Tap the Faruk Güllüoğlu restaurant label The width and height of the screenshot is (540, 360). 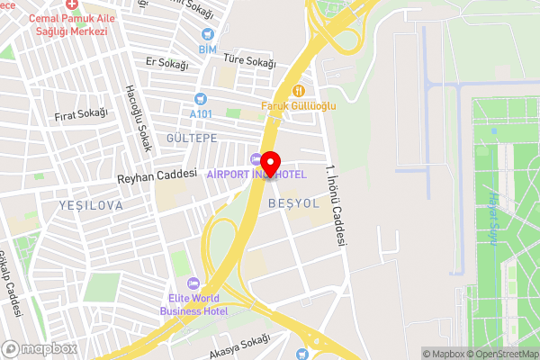coord(299,106)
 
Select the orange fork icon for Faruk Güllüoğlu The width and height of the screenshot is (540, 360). coord(299,90)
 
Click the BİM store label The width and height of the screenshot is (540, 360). coord(208,48)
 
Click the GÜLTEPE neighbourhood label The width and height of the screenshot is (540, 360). coord(192,137)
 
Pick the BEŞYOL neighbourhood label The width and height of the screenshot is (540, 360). coord(293,203)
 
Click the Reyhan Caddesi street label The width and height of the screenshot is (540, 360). coord(157,176)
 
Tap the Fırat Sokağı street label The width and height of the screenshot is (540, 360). coord(80,114)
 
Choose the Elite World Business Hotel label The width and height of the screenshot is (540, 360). coord(193,304)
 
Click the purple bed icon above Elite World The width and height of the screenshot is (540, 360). coord(193,283)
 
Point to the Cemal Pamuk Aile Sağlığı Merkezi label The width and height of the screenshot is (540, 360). coord(67,24)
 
